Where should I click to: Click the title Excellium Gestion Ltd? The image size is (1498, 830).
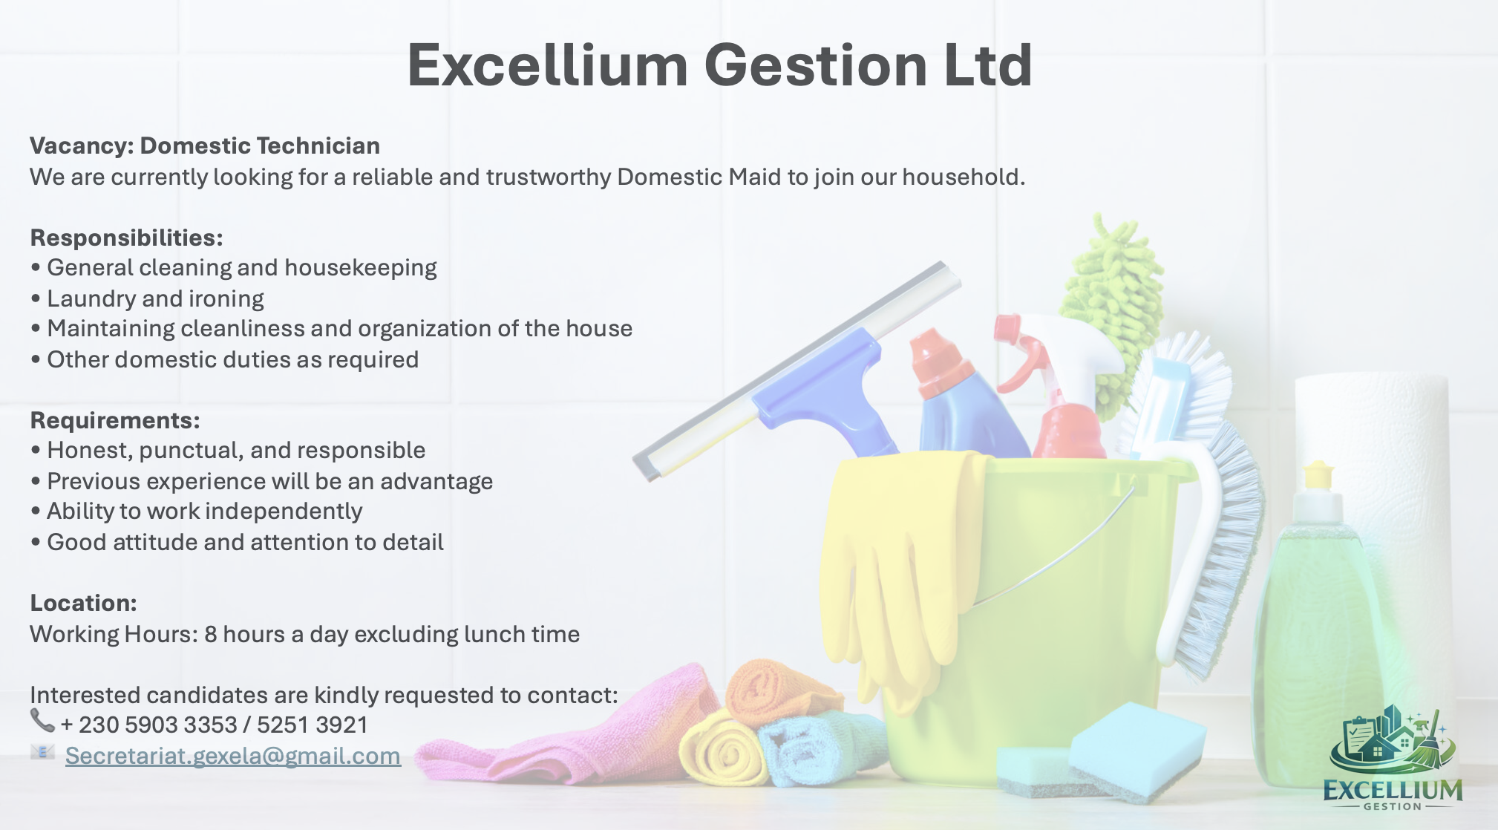click(719, 65)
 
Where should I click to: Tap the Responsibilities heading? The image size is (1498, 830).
click(126, 238)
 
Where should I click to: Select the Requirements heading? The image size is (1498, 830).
click(115, 420)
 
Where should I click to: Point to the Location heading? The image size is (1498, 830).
click(83, 603)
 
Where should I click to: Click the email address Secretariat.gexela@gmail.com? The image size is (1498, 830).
click(233, 756)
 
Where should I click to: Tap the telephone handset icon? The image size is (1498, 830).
click(42, 720)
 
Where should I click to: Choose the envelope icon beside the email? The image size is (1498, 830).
click(42, 752)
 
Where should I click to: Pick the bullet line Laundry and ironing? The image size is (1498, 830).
click(147, 298)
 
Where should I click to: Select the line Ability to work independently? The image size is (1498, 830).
click(196, 512)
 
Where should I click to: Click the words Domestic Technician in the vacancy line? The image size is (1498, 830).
click(260, 146)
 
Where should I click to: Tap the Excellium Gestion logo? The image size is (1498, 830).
click(1392, 758)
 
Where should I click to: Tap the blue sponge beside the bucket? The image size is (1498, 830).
click(1136, 750)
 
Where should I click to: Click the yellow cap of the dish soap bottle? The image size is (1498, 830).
click(1318, 475)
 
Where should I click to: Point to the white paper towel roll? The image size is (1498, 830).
click(1373, 475)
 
